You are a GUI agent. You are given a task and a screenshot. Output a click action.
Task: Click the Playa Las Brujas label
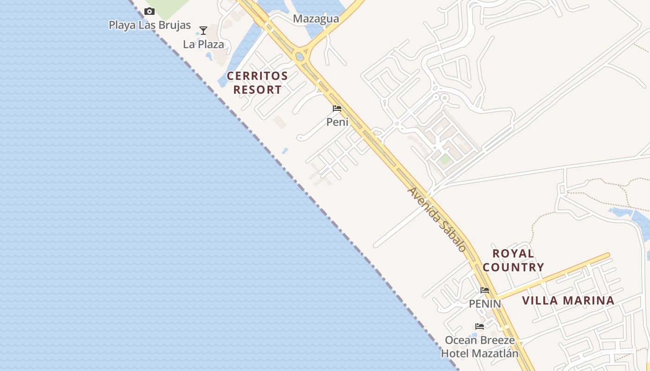[x=149, y=25]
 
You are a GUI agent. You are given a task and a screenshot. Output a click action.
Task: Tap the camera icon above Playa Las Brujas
[x=149, y=12]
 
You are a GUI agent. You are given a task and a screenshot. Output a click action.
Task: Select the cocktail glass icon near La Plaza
[x=203, y=31]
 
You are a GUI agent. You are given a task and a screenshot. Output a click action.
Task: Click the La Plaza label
[x=203, y=45]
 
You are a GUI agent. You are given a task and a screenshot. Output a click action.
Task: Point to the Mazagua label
[x=316, y=19]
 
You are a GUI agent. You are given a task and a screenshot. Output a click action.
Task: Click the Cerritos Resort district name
[x=257, y=83]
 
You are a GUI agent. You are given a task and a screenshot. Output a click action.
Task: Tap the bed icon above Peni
[x=337, y=109]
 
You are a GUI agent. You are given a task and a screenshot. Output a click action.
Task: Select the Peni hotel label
[x=337, y=122]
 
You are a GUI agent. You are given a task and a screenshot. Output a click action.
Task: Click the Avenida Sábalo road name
[x=437, y=219]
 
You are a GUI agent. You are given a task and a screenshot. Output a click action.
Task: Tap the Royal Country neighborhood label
[x=513, y=260]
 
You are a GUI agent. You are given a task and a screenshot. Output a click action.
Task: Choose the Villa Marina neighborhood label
[x=568, y=301]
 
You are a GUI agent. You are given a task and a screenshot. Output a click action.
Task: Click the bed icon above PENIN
[x=485, y=290]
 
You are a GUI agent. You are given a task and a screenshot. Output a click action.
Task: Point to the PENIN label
[x=485, y=304]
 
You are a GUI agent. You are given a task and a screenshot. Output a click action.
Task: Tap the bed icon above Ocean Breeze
[x=480, y=326]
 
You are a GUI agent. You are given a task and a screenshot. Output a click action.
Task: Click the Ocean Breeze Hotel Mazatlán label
[x=480, y=346]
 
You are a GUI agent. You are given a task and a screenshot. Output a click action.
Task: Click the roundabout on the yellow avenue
[x=300, y=57]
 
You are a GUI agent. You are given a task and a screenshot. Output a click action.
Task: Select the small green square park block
[x=445, y=160]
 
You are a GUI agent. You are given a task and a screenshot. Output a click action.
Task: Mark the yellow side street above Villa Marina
[x=552, y=277]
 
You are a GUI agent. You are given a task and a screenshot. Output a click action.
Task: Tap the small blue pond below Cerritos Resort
[x=285, y=151]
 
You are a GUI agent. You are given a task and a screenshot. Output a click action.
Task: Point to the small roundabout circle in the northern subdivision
[x=444, y=98]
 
